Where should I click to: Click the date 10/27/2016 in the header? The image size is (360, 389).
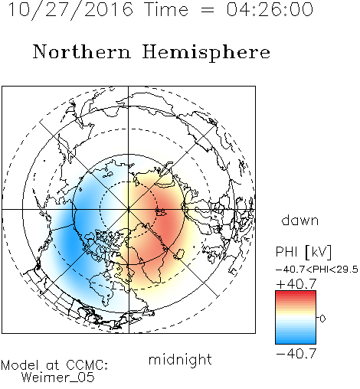pos(70,10)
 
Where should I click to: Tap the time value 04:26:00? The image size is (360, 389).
pos(270,9)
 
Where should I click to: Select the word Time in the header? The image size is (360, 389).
pos(166,9)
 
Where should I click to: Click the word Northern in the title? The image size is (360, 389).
pos(81,51)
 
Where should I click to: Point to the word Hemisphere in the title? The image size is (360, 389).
pos(206,53)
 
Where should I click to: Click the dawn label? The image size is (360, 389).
pos(300,220)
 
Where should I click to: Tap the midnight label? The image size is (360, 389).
pos(180,359)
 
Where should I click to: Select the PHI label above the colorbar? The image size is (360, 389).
pos(286,252)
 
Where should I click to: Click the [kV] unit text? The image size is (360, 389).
pos(318,252)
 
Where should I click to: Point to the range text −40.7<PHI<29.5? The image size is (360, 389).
pos(316,270)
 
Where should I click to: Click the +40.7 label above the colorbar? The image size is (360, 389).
pos(296,284)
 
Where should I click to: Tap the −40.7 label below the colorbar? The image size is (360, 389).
pos(296,354)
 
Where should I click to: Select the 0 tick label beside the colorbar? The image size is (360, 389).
pos(322,319)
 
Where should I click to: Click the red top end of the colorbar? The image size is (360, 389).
pos(296,293)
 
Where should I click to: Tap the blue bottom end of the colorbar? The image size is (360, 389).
pos(296,342)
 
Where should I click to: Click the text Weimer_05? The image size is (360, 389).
pos(58,377)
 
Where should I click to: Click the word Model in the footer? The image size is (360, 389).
pos(20,365)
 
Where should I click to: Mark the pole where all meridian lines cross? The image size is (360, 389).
pos(129,209)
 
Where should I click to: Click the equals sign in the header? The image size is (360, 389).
pos(208,10)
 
